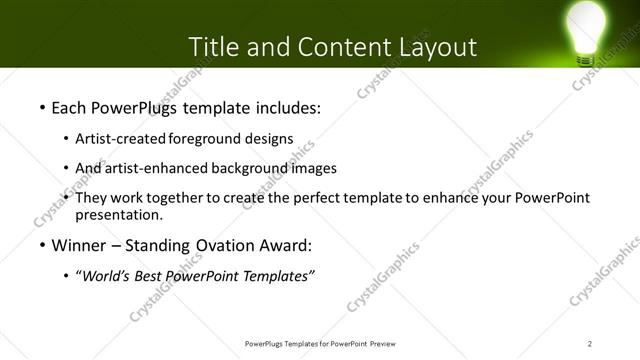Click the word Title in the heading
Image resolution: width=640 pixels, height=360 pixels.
[x=216, y=47]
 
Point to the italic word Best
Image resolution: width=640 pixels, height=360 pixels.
[x=150, y=277]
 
